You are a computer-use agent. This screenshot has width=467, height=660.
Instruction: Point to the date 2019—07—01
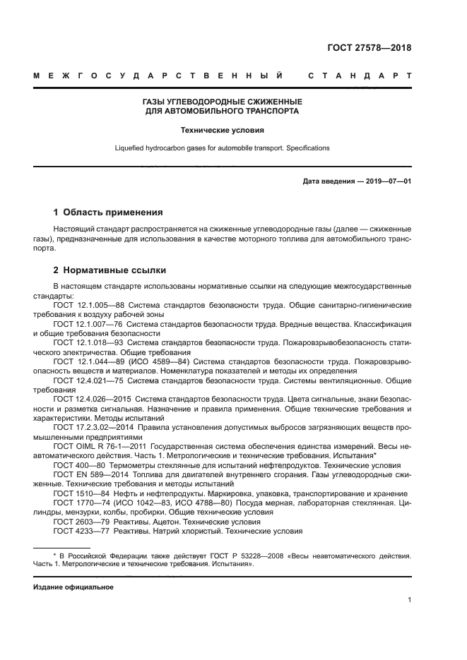click(388, 181)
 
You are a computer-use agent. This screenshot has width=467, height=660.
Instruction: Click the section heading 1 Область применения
click(109, 212)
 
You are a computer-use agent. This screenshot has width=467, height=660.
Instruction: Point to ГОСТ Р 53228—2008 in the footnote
click(208, 556)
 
